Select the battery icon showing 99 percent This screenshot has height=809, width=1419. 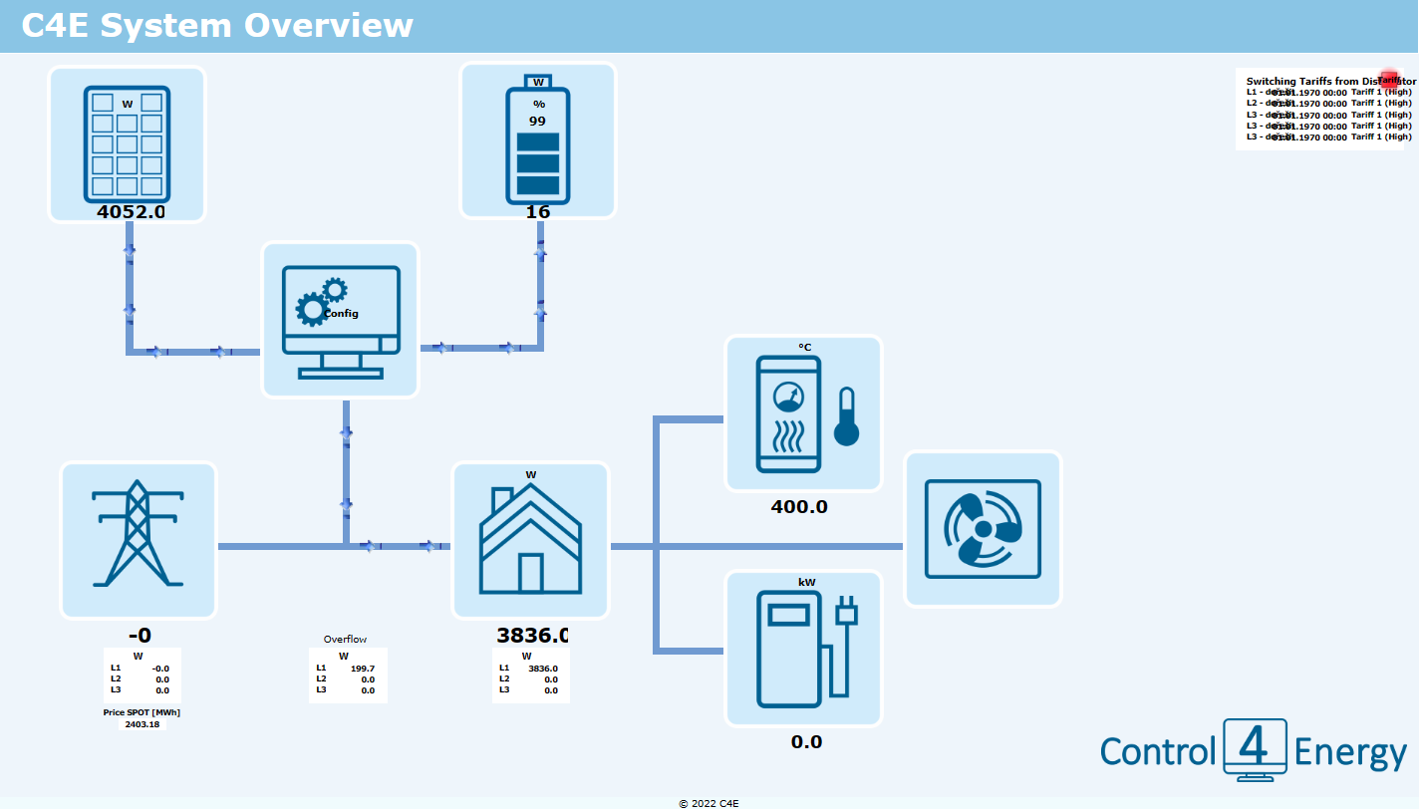[538, 139]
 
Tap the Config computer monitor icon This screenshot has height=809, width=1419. [340, 320]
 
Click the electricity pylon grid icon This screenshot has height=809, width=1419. [139, 539]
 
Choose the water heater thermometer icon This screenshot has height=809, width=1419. [803, 412]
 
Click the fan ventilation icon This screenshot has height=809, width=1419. [983, 529]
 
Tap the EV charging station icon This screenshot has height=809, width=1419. [803, 648]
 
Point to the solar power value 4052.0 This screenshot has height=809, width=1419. [131, 211]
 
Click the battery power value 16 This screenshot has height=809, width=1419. [538, 211]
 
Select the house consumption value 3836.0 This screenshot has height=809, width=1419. [532, 636]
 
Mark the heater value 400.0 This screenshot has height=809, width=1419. [799, 506]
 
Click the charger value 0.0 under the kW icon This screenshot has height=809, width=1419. [806, 742]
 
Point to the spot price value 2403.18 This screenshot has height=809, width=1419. [142, 724]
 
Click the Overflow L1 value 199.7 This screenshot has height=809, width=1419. [363, 669]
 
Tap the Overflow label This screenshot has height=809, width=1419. [345, 639]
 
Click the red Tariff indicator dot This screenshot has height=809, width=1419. [1389, 80]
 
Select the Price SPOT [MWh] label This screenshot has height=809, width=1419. [142, 712]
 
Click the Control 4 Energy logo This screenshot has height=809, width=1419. [1254, 751]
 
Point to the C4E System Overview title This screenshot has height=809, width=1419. [217, 26]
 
